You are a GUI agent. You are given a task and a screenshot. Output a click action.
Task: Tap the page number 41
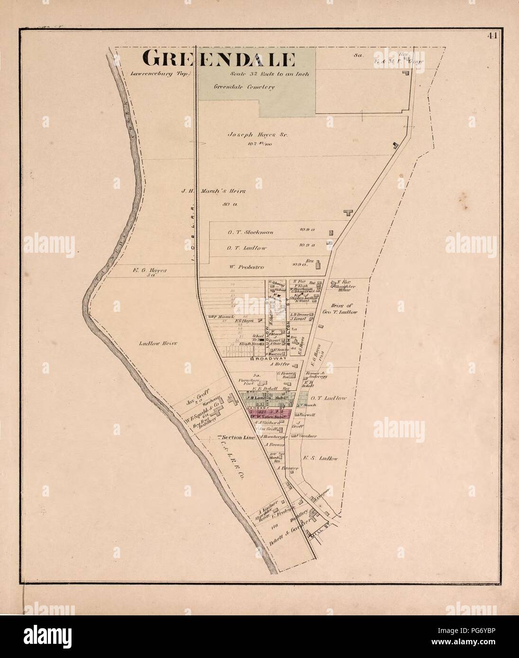[x=490, y=38]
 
